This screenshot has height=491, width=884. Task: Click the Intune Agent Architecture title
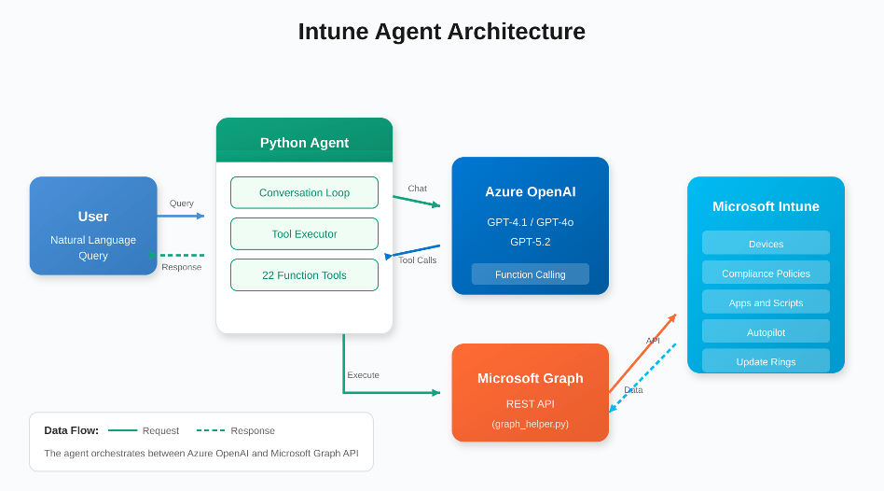(x=441, y=32)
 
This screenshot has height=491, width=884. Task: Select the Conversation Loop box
(x=304, y=192)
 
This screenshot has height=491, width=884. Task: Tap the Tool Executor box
(x=304, y=233)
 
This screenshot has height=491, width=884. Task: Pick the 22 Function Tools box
(x=304, y=274)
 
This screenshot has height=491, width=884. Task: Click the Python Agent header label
(x=304, y=143)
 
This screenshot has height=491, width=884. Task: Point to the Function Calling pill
(x=530, y=274)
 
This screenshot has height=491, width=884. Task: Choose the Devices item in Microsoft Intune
(x=766, y=244)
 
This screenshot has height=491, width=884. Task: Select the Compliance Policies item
(x=766, y=274)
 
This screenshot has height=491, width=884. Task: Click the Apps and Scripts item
(x=766, y=302)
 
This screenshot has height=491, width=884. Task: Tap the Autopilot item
(x=766, y=331)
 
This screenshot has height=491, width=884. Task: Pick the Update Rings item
(x=766, y=360)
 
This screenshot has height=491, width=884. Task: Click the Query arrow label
(x=182, y=203)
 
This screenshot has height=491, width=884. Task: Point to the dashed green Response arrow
(x=182, y=255)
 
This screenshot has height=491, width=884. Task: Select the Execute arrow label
(x=363, y=374)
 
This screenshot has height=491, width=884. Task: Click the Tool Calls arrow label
(x=417, y=260)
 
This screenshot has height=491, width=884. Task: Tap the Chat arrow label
(x=417, y=189)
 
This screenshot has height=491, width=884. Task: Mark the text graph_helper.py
(x=530, y=423)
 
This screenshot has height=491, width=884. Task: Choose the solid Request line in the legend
(x=122, y=430)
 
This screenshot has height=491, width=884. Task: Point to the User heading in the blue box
(x=93, y=217)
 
